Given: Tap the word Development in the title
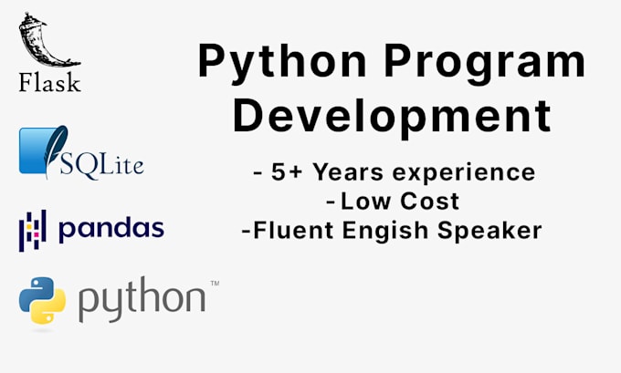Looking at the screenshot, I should click(x=391, y=117).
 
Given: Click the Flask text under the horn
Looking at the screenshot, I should click(x=49, y=83).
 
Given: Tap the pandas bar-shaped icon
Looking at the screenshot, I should click(x=33, y=229).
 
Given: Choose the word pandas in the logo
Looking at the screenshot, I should click(x=111, y=229).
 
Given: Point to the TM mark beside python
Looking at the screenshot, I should click(x=215, y=285).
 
